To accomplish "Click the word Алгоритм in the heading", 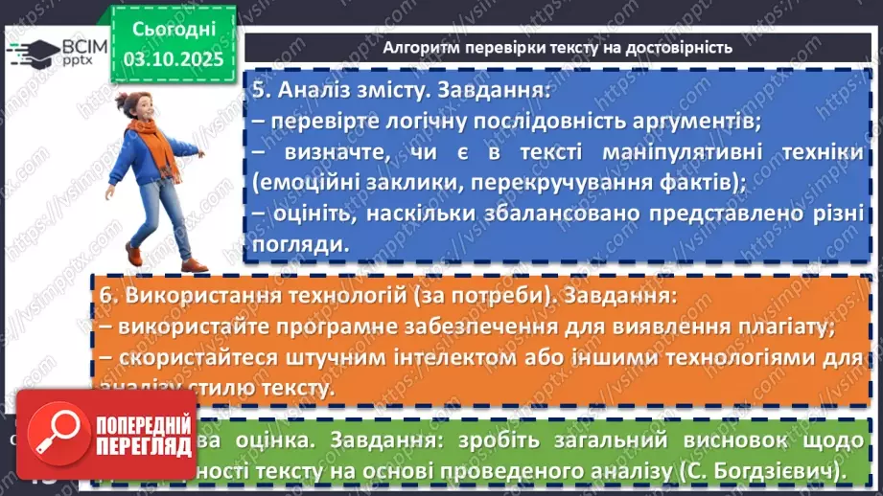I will (422, 47).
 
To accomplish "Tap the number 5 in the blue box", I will (260, 93).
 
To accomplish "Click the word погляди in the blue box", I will (296, 243).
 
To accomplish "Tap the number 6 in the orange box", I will (106, 295).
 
